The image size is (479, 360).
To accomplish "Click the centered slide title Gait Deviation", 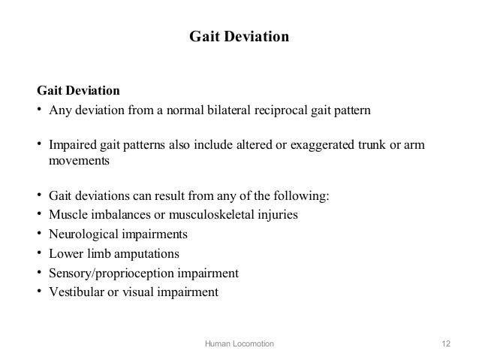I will [239, 36].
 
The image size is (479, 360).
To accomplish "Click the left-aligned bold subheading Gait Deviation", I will [78, 92].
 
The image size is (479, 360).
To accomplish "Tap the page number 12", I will [447, 343].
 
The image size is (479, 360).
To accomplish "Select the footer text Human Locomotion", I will [239, 343].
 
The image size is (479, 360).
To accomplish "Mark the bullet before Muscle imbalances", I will [40, 215].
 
